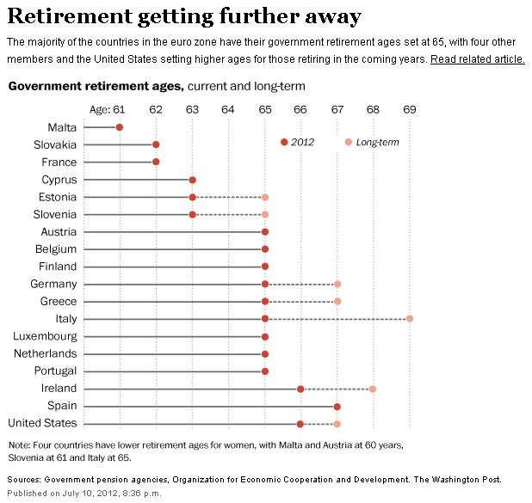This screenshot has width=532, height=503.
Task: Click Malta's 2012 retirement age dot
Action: click(120, 127)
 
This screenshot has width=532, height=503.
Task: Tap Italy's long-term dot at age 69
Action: click(410, 319)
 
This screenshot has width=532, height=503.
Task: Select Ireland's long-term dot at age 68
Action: click(373, 389)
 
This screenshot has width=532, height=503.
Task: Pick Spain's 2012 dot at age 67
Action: click(337, 406)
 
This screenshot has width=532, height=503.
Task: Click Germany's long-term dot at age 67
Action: click(337, 284)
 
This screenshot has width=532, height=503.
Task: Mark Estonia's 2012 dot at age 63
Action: click(192, 197)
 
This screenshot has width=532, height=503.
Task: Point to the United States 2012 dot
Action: click(300, 423)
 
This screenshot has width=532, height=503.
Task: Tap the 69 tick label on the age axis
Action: click(410, 109)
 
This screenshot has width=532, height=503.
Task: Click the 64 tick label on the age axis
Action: click(228, 109)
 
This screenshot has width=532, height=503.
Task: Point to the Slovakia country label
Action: click(55, 144)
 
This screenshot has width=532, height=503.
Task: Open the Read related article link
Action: click(477, 59)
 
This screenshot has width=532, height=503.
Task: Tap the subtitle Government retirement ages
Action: click(95, 87)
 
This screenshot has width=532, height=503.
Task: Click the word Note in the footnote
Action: click(20, 445)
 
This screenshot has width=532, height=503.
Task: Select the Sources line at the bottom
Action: click(254, 479)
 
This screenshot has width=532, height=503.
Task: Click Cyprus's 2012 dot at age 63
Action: click(192, 180)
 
